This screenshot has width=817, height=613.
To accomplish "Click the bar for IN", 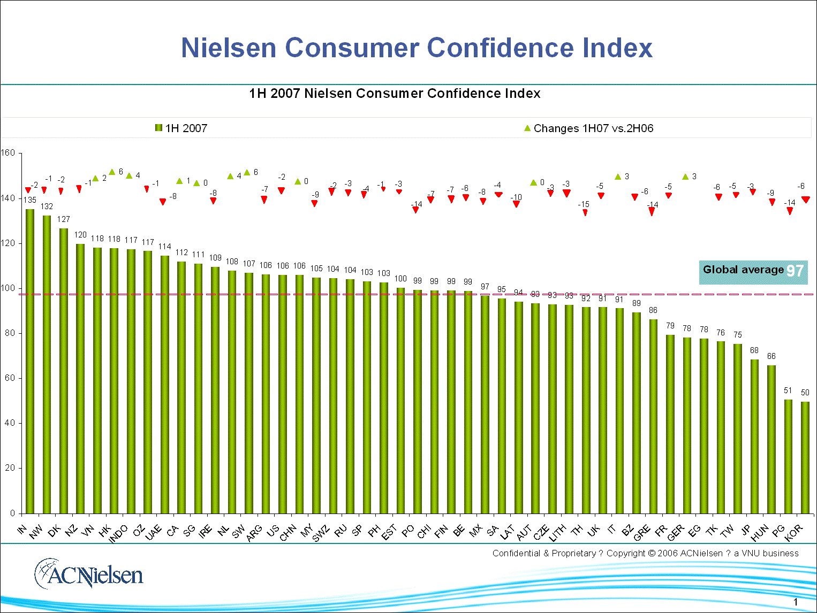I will (30, 361).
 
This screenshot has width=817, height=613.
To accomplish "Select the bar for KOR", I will (805, 457).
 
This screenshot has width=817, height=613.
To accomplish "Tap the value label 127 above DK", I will (64, 219).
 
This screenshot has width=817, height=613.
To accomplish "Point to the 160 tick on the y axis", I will (8, 153).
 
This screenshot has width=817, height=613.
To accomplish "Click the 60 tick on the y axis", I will (10, 378).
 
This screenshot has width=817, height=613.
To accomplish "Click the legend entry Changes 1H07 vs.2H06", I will (588, 128).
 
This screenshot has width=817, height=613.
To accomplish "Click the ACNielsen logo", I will (89, 574).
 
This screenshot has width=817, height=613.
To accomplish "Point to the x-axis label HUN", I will (760, 533).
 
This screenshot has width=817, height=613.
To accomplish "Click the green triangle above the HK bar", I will (112, 172).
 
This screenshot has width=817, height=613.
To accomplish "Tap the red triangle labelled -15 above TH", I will (585, 213).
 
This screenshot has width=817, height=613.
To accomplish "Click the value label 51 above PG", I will (788, 390).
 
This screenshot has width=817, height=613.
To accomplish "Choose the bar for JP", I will (754, 436).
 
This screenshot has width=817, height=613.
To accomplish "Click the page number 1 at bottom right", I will (796, 602).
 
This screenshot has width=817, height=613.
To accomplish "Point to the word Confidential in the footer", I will (516, 553).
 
